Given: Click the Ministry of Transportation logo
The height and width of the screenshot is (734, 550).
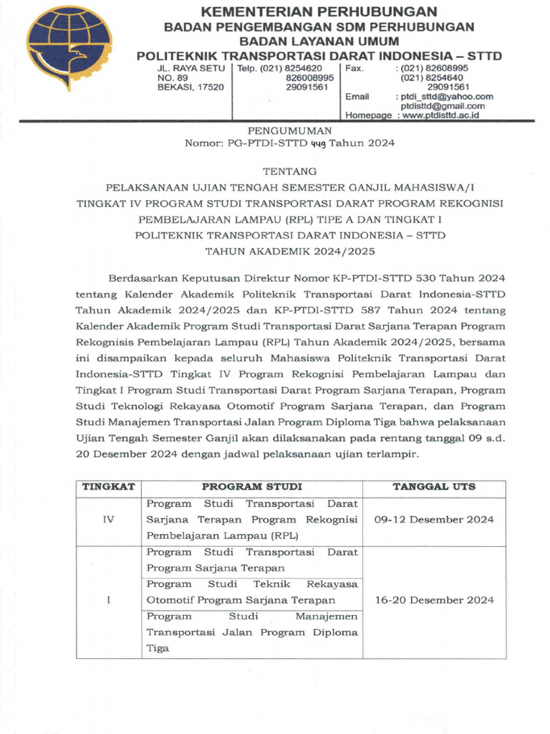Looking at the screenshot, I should point(69,48).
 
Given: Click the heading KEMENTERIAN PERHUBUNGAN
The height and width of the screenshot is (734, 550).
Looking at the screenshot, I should point(319,11).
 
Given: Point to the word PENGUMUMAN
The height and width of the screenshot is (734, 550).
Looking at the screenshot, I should point(289,130).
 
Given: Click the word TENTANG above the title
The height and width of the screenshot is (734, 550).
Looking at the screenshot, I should point(289,172).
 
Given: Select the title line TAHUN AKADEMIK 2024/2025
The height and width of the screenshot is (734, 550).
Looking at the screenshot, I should point(289,251).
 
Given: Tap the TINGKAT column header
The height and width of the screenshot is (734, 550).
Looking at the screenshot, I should point(109,487).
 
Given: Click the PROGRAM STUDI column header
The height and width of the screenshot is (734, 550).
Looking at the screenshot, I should point(251,487).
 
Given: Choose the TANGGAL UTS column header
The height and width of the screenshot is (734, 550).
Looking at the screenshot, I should point(434,487).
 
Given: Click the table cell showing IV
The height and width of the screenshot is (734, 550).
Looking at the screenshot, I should point(109,520).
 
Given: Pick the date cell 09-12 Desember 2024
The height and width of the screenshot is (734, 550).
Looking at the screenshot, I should point(434,520).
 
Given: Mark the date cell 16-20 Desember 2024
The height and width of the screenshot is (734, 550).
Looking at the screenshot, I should point(434,600).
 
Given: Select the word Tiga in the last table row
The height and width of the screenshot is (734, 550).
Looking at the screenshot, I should point(158,648).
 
